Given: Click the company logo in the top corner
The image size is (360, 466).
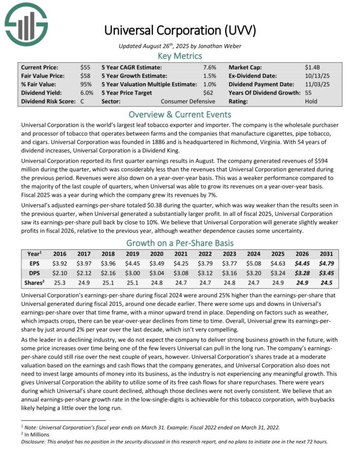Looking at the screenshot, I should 26,22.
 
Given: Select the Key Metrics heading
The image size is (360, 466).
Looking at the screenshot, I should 180,56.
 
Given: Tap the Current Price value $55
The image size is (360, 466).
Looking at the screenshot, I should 86,67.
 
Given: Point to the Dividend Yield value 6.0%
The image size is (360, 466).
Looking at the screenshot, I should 87,93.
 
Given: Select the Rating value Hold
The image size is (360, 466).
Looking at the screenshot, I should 311,101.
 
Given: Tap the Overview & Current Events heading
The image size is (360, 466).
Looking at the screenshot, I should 180,114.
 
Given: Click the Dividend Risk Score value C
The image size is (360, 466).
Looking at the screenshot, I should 82,101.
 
